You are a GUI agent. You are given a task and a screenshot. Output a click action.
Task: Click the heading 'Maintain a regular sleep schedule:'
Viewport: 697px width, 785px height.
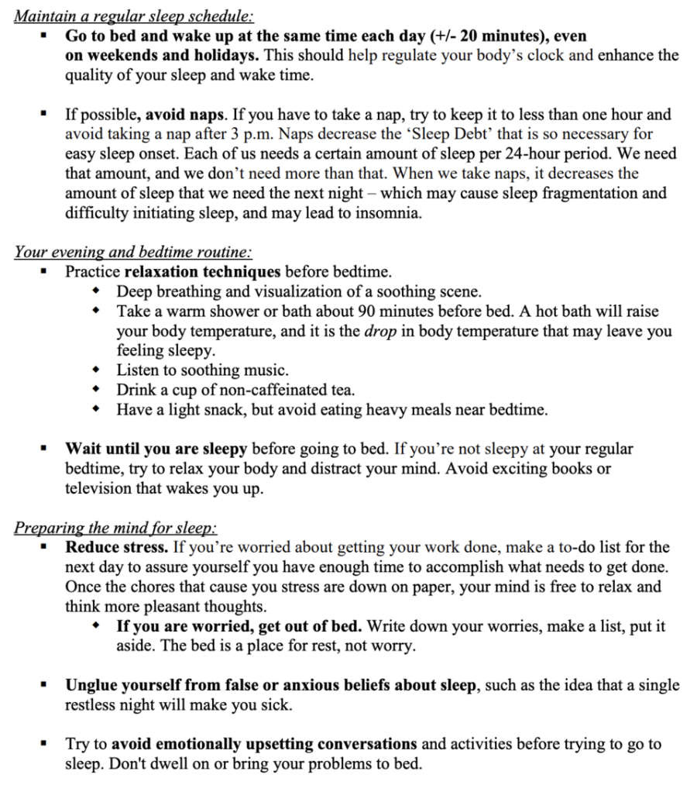coord(134,16)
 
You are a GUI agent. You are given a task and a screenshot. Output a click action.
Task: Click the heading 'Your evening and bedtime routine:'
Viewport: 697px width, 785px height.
coord(133,253)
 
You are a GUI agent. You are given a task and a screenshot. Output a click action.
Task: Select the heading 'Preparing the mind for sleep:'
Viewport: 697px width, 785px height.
coord(115,528)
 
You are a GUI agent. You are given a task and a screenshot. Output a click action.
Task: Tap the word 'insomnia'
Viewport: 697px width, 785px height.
coord(385,213)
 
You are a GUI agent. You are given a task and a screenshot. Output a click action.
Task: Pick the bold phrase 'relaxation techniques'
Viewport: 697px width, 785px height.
coord(202,272)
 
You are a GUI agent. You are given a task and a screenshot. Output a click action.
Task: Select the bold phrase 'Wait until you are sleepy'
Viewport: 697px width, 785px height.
coord(156,449)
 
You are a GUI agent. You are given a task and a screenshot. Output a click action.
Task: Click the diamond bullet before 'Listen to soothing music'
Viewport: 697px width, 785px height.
coord(95,370)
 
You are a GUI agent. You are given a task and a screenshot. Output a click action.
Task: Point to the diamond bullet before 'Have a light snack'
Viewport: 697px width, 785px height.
coord(95,410)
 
